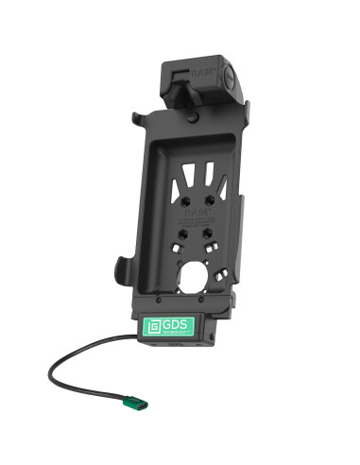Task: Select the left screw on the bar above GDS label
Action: pos(152,305)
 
